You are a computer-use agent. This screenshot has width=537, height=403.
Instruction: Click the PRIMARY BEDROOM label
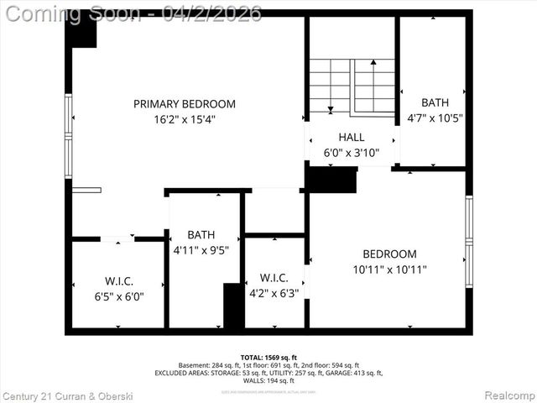pyautogui.click(x=185, y=104)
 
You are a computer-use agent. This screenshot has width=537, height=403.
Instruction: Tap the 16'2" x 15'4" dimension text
pyautogui.click(x=185, y=119)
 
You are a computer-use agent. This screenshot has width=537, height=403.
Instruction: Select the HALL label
pyautogui.click(x=352, y=138)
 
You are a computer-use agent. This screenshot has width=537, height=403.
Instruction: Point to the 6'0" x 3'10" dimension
pyautogui.click(x=352, y=153)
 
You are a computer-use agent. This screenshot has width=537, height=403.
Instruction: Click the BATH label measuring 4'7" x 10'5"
pyautogui.click(x=435, y=103)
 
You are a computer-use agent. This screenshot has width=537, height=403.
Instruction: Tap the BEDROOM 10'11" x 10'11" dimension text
pyautogui.click(x=389, y=270)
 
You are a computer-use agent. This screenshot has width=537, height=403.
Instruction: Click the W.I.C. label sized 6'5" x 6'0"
pyautogui.click(x=119, y=280)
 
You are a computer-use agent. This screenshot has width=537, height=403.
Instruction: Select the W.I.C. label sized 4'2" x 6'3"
pyautogui.click(x=274, y=278)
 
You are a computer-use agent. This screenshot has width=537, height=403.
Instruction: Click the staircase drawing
pyautogui.click(x=352, y=86)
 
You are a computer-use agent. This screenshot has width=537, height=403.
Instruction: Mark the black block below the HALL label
pyautogui.click(x=331, y=180)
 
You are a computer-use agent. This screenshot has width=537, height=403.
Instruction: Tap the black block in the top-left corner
pyautogui.click(x=84, y=33)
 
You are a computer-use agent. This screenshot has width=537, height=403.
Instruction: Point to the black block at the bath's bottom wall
pyautogui.click(x=233, y=306)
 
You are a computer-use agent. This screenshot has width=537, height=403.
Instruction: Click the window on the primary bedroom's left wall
pyautogui.click(x=69, y=135)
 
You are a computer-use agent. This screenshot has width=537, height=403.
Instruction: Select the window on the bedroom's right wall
pyautogui.click(x=469, y=241)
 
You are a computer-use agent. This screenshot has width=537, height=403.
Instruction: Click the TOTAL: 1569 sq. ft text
pyautogui.click(x=268, y=358)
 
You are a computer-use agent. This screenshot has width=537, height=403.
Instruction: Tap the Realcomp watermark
pyautogui.click(x=510, y=395)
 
